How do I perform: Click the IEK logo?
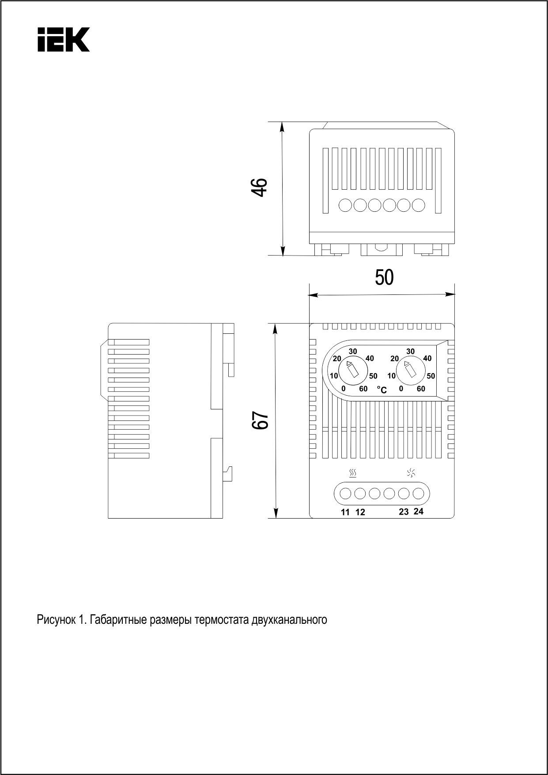pos(64,40)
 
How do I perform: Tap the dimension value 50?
pos(384,278)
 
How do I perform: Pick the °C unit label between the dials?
pos(382,390)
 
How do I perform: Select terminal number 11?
pos(345,512)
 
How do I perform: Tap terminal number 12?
pos(360,512)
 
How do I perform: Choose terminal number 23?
pos(404,512)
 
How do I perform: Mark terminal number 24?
pos(419,511)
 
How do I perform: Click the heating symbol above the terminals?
pos(352,474)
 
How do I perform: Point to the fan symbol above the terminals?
pos(411,473)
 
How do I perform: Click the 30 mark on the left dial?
pos(353,351)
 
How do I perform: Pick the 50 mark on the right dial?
pos(431,376)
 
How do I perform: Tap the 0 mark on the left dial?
pos(343,389)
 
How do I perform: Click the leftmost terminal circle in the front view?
pos(345,493)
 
